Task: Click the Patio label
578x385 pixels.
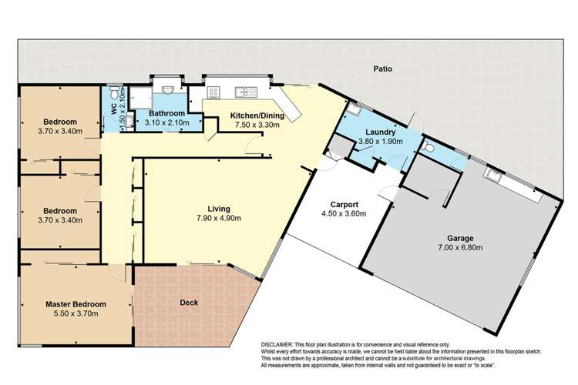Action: [384, 69]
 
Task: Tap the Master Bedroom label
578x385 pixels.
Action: [75, 304]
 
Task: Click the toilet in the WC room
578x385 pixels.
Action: [114, 89]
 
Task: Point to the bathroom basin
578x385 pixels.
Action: [167, 89]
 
